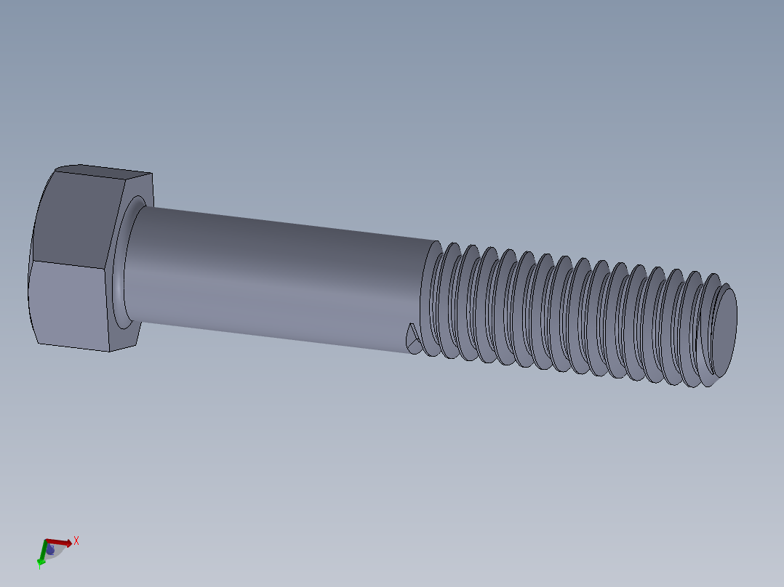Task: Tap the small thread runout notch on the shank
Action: coord(414,338)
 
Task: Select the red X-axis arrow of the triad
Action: coord(59,542)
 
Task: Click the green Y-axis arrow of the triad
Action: coord(41,554)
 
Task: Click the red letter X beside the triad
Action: coord(76,541)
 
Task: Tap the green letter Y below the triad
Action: coord(39,565)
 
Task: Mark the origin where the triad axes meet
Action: coord(47,542)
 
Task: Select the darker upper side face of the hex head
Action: coord(76,218)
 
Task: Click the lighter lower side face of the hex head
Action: coord(69,305)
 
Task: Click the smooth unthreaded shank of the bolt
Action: coord(276,276)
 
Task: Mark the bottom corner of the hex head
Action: coord(109,352)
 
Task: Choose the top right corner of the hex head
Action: coord(152,174)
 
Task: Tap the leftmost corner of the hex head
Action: coord(28,291)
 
